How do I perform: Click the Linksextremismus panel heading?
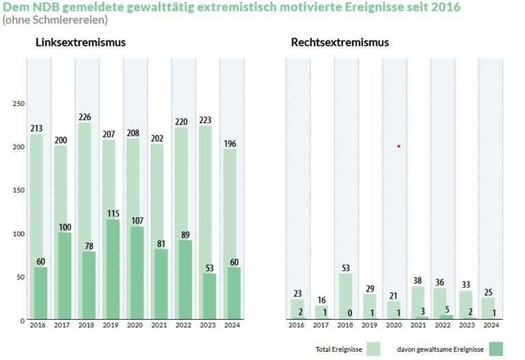pyautogui.click(x=81, y=42)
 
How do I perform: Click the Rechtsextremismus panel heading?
pyautogui.click(x=340, y=42)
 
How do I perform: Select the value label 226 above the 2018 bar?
pyautogui.click(x=85, y=117)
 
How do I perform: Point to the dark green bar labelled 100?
pyautogui.click(x=65, y=276)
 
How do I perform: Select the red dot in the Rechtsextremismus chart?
pyautogui.click(x=399, y=146)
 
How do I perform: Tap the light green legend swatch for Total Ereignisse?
pyautogui.click(x=373, y=349)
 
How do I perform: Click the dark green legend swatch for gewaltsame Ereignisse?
pyautogui.click(x=496, y=349)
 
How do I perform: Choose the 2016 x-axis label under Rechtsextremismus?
pyautogui.click(x=297, y=325)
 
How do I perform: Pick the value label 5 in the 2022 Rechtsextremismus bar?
pyautogui.click(x=446, y=310)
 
